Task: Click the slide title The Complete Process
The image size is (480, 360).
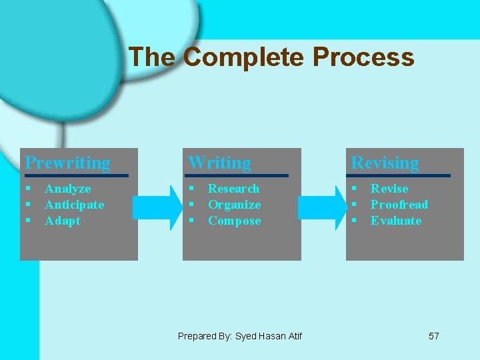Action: coord(271,57)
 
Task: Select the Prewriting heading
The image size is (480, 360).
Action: coord(68,163)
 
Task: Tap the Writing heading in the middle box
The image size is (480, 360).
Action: coord(219,163)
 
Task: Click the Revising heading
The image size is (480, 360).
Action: coord(385,163)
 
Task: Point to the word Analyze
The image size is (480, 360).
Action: coord(67,189)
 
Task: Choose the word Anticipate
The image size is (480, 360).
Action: coord(74,205)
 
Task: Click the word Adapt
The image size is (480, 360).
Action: coord(62,221)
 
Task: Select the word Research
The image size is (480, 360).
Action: coord(233,189)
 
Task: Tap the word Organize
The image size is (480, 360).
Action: coord(234,205)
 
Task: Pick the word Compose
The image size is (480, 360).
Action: coord(234,221)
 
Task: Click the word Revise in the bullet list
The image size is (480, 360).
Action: coord(389,189)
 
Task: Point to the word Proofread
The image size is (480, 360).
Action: coord(399,205)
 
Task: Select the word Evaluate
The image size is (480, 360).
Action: coord(396,221)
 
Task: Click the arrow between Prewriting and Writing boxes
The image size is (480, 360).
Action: coord(158,207)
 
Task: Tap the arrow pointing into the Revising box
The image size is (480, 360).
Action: coord(322,207)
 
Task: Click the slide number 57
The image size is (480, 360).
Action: coord(433,336)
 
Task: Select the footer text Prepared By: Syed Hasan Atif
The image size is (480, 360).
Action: coord(239,336)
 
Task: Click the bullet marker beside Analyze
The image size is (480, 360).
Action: coord(28,189)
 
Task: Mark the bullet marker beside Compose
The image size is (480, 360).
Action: coord(191,221)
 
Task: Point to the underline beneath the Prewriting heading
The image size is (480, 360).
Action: coord(75,175)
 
